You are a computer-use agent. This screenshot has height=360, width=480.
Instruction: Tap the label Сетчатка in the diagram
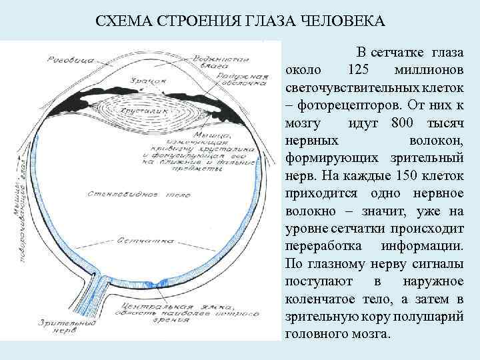pos(139,239)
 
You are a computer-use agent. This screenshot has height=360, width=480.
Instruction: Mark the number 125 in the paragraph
pos(359,70)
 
